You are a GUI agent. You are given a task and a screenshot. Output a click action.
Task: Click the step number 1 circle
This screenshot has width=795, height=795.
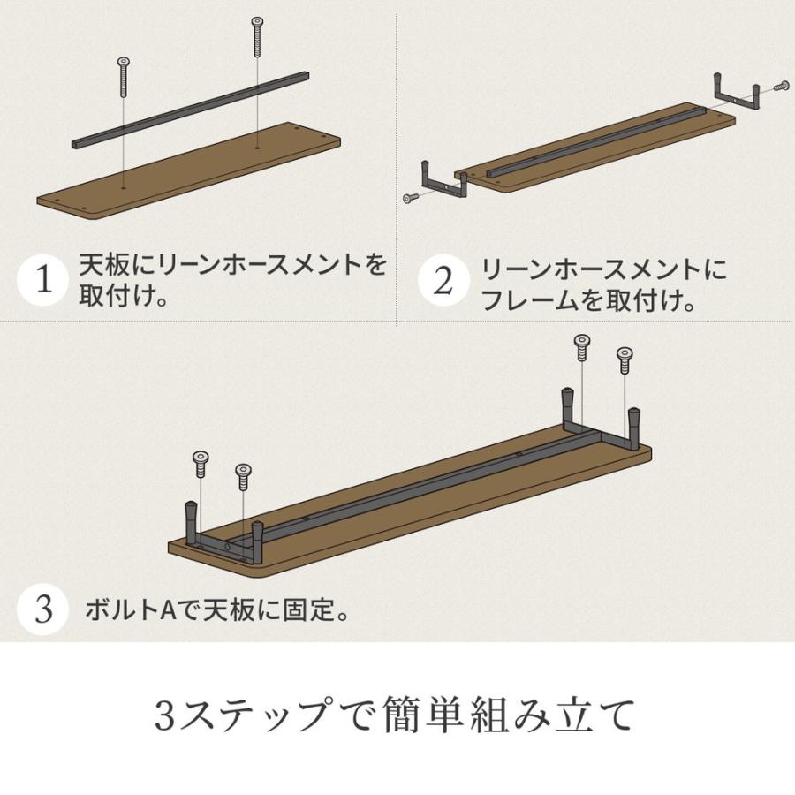[x=43, y=280]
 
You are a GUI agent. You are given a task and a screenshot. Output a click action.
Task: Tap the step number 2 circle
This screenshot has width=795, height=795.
[x=443, y=280]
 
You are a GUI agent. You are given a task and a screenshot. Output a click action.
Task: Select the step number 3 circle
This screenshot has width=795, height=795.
[x=43, y=609]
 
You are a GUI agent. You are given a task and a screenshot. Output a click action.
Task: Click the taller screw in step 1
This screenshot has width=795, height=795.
[x=258, y=37]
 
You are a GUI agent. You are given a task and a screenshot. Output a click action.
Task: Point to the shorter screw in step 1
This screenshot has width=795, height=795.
[x=123, y=77]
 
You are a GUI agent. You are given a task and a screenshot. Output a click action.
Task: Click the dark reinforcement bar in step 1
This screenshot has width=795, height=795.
[x=190, y=110]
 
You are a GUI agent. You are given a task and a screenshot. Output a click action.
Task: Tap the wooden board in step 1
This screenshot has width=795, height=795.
[x=188, y=171]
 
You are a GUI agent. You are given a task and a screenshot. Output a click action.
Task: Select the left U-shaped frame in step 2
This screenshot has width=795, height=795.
[x=444, y=181]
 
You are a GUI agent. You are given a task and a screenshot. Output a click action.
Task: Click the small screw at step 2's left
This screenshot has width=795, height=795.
[x=411, y=197]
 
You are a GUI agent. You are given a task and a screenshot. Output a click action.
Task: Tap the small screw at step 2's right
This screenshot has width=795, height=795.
[x=782, y=87]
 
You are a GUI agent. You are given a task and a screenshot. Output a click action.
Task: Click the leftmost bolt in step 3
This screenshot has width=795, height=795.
[x=201, y=464]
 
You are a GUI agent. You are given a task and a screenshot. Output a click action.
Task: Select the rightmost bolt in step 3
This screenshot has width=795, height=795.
[x=625, y=360]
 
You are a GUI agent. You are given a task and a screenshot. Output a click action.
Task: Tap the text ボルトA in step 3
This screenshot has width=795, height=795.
[x=132, y=609]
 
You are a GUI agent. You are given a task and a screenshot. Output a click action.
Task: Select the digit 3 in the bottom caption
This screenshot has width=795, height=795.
[x=165, y=715]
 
